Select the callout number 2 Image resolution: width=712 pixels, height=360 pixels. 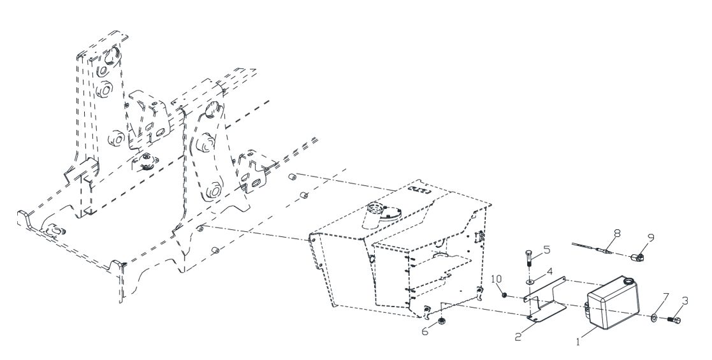[519, 337]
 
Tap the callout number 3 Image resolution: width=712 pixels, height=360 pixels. [685, 301]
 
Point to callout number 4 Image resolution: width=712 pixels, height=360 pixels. [549, 271]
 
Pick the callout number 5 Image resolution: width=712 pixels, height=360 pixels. [546, 249]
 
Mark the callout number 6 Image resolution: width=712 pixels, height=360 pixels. [425, 332]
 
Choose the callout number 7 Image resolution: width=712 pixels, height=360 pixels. [665, 298]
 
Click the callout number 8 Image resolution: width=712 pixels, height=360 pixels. [616, 233]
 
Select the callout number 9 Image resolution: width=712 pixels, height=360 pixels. [651, 238]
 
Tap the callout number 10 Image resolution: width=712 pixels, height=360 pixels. [497, 278]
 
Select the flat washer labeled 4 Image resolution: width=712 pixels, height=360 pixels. [530, 282]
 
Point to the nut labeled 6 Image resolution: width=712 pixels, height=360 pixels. [441, 322]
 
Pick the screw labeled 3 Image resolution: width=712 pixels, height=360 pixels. [675, 320]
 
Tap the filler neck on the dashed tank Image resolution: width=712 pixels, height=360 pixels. [374, 215]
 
